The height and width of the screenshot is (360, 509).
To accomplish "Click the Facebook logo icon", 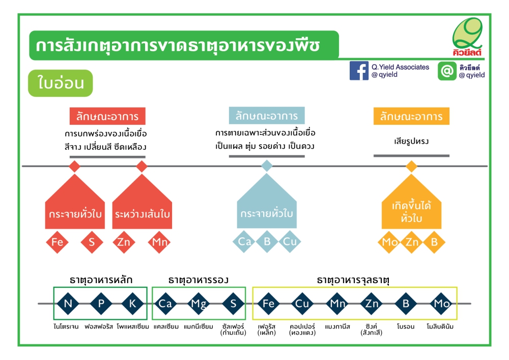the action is pos(359,70).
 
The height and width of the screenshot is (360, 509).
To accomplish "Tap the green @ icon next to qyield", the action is pos(447,71).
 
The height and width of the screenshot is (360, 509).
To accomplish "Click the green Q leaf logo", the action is pos(467,36).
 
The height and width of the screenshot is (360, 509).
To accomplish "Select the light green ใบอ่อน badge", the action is pos(61,83).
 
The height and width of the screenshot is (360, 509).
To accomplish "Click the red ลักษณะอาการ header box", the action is pos(107,116).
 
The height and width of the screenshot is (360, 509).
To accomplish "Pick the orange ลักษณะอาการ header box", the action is pos(411,116).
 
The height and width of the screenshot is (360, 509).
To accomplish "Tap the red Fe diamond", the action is pos(57,242).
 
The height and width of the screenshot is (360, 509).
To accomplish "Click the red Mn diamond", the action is pos(159,242).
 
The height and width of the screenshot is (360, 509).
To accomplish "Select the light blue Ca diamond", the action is pos(244,241).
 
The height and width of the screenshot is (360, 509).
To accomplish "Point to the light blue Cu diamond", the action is pos(290,241).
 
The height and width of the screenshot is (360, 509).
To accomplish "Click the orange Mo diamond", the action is pos(389,242).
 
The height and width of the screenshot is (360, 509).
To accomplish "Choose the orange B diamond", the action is pos(434,242).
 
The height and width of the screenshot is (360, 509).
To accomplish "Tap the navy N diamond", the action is pos(68,303).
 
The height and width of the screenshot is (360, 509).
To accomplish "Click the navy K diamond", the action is pos(132,303).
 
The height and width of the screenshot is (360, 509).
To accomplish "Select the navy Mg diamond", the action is pos(199,303).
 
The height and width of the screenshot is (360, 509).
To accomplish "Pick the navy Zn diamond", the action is pos(372,303).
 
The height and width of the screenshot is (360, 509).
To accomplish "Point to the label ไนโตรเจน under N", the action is pos(66,326).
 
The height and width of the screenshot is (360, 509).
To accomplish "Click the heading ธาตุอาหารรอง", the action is pos(199,280).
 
